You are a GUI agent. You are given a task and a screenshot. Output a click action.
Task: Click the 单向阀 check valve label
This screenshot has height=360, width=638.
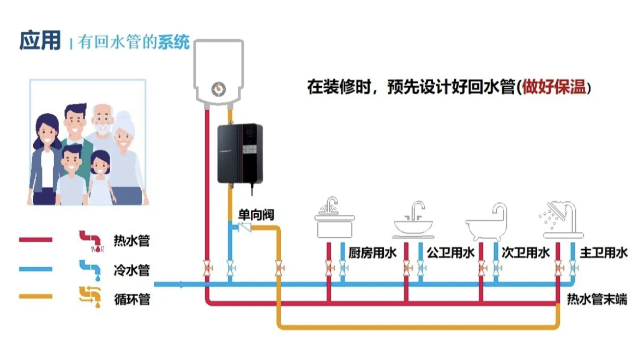click(256, 215)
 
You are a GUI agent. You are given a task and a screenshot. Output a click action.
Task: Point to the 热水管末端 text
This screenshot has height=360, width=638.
click(597, 299)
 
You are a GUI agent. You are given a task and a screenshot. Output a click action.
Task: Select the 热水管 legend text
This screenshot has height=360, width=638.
click(131, 241)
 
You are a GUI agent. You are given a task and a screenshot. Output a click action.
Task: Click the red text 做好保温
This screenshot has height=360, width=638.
click(553, 87)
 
